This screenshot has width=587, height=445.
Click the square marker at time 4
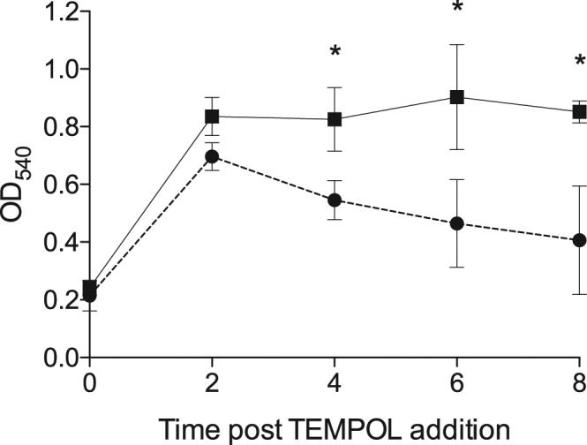[335, 119]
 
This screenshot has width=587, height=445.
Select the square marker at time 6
[457, 97]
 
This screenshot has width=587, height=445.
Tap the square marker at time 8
[579, 112]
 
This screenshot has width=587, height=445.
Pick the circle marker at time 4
[335, 200]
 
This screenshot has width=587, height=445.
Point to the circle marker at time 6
[457, 223]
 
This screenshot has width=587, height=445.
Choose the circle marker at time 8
[579, 240]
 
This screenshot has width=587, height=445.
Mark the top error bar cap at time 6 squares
[457, 44]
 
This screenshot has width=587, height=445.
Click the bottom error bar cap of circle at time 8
[579, 294]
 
